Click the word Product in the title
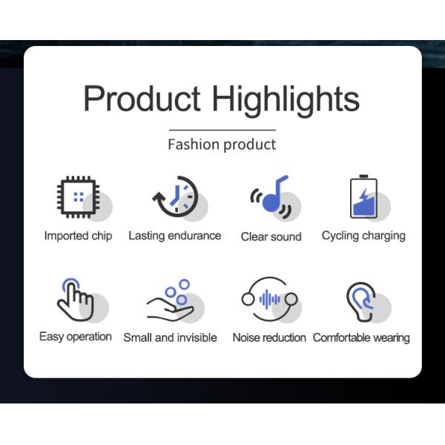[x=142, y=99]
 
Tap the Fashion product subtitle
[x=222, y=144]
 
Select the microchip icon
[x=79, y=197]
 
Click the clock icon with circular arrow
[x=176, y=197]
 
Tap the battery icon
[x=363, y=197]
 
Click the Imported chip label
[x=78, y=236]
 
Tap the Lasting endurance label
[x=175, y=236]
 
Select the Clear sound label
[x=271, y=237]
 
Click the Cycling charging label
[x=363, y=236]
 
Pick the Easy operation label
[x=76, y=337]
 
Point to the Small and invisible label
[x=170, y=337]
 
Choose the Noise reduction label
[x=269, y=337]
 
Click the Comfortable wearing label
[x=361, y=337]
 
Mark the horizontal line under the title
[x=222, y=130]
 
